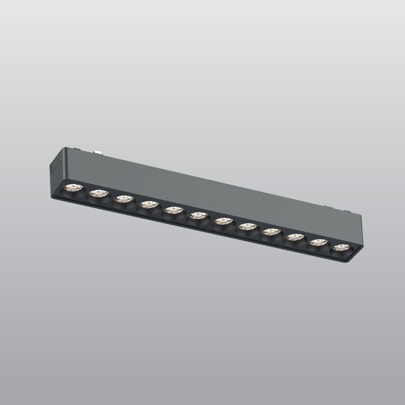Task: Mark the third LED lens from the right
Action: (x=294, y=238)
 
